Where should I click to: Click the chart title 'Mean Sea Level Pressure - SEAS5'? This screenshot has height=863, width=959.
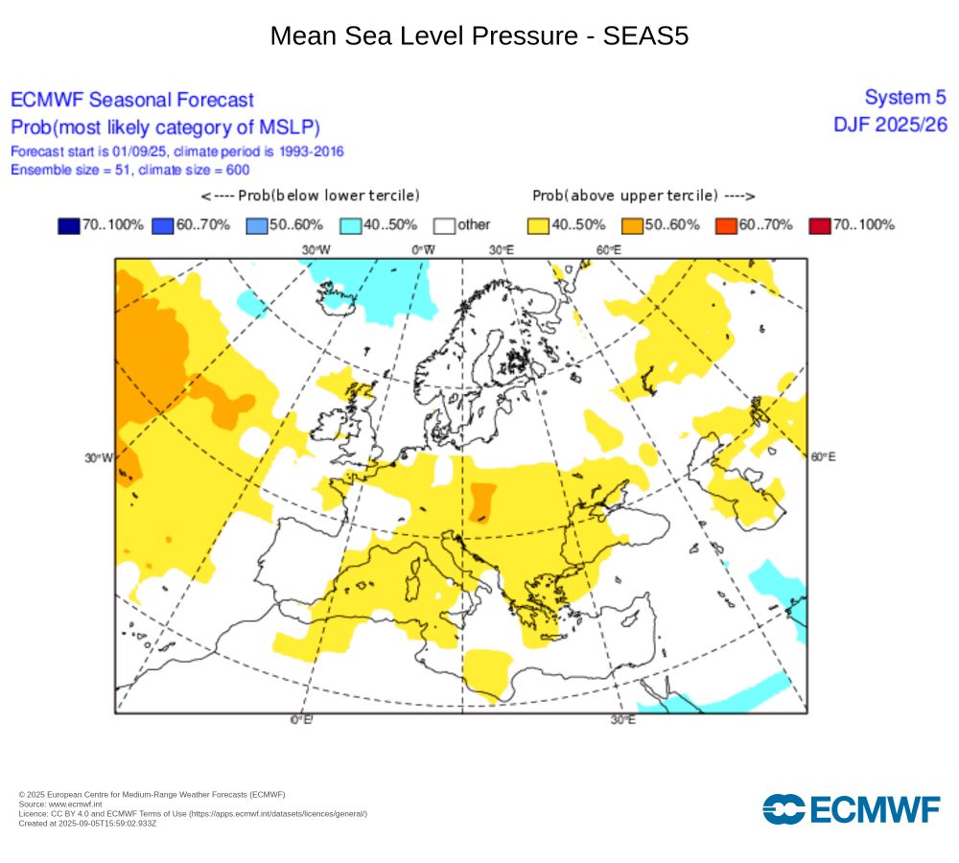479,35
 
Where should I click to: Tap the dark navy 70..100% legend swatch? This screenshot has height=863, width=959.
69,225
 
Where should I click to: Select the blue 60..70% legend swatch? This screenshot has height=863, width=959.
163,225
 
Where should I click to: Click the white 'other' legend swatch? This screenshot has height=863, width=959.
444,225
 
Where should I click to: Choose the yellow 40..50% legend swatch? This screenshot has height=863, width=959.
539,225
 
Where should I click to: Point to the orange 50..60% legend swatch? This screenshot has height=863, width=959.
632,225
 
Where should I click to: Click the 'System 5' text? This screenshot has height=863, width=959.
904,97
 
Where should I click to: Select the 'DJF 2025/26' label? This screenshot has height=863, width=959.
890,125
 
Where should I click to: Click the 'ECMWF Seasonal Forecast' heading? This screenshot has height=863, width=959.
132,100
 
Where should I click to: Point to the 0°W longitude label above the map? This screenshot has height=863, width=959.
423,250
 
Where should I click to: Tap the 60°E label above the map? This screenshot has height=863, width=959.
608,250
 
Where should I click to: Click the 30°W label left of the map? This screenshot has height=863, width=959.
99,457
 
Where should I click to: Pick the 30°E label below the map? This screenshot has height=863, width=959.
622,720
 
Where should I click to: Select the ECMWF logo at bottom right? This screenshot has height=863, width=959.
852,809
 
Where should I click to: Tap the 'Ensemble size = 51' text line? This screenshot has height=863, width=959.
129,170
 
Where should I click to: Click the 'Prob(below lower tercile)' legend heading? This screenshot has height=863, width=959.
311,196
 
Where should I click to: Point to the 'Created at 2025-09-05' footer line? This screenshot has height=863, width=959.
87,823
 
